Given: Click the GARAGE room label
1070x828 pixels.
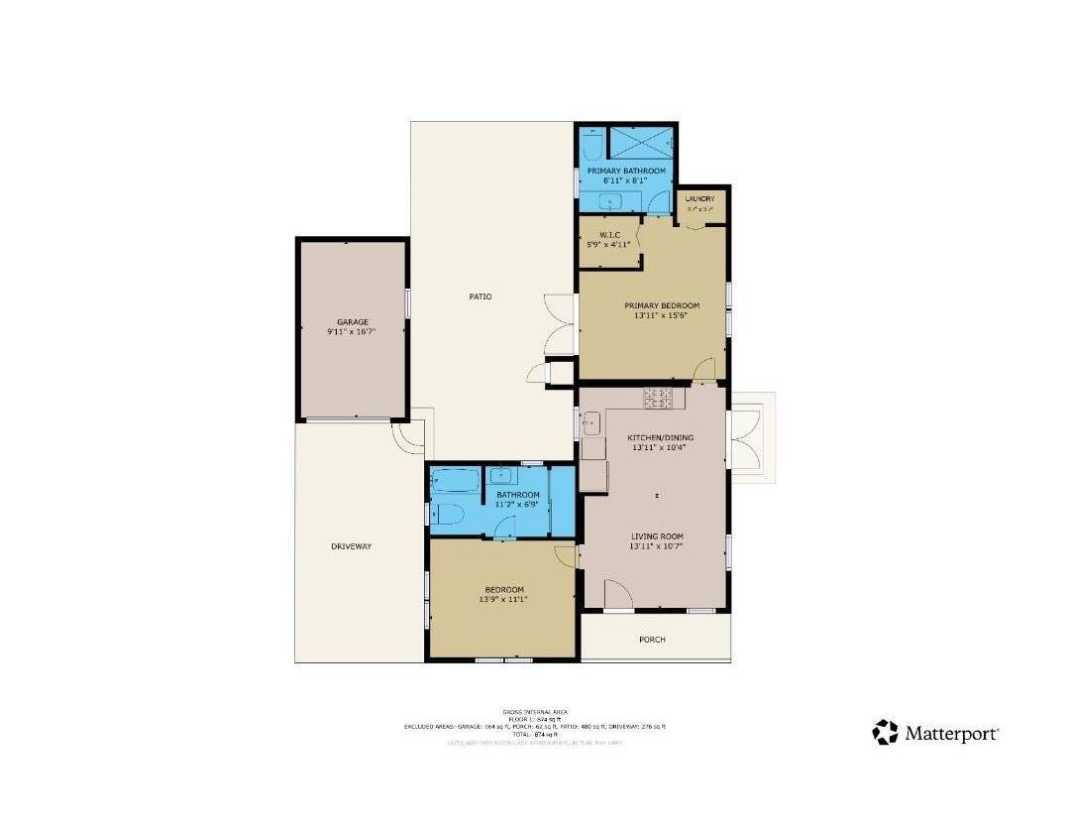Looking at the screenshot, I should (352, 322).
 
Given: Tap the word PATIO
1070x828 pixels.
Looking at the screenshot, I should (481, 296).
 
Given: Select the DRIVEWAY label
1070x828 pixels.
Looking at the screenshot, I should (351, 546).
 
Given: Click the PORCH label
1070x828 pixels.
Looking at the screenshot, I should (652, 640).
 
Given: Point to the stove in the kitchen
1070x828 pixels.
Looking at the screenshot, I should (658, 399).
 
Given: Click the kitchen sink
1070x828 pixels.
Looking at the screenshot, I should (589, 426).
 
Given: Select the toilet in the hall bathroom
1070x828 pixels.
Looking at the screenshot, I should (446, 514).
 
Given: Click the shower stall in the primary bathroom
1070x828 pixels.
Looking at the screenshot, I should (639, 144).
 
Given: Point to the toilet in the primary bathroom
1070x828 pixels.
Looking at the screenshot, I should (591, 148).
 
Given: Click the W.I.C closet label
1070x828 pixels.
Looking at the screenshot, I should (608, 234).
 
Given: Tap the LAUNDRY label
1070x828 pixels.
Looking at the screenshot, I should (699, 199).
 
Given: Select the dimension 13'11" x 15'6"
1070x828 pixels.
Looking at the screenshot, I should (661, 316).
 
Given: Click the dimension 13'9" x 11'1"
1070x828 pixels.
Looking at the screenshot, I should (501, 599).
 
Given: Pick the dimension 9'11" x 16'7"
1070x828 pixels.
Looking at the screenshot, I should (352, 333).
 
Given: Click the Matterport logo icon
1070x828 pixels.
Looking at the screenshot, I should (885, 733).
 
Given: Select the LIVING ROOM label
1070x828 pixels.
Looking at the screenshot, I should (657, 536).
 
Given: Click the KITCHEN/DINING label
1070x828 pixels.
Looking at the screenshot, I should (661, 437).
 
